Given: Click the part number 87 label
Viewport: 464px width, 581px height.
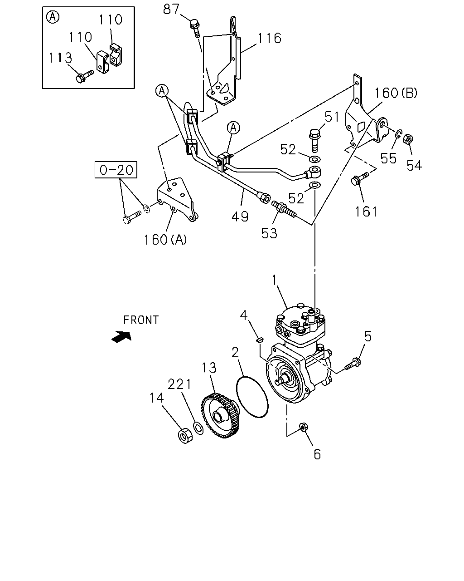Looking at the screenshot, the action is click(171, 9).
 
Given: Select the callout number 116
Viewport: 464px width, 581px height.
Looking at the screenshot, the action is click(269, 38).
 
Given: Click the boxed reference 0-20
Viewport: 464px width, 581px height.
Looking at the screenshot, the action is click(116, 170).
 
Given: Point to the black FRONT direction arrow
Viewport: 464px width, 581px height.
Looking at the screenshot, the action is click(121, 337).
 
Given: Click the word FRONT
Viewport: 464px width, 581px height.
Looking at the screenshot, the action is click(141, 320).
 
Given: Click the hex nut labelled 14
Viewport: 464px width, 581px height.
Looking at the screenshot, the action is click(185, 435).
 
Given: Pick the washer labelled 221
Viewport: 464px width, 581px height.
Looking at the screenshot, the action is click(198, 428).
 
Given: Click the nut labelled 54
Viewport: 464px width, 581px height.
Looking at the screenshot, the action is click(408, 139).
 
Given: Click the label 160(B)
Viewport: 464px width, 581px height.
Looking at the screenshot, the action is click(396, 93).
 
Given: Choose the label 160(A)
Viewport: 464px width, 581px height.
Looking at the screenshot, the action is click(165, 240).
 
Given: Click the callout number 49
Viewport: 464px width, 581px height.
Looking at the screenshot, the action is click(240, 216).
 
